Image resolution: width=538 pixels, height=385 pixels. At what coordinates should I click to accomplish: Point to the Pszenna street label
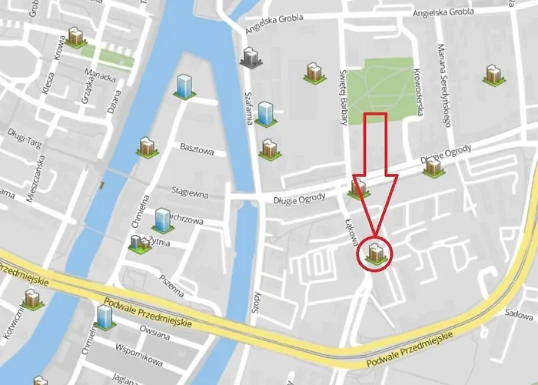coord(172,283)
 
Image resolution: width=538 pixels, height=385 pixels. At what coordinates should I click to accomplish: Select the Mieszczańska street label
coord(35,178)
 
